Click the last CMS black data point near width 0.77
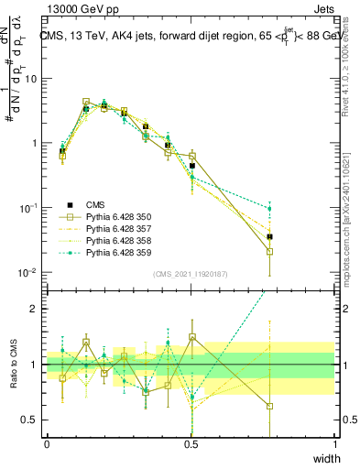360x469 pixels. pyautogui.click(x=269, y=236)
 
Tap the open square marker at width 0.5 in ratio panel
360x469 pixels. pyautogui.click(x=192, y=337)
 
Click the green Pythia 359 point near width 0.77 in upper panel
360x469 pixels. pyautogui.click(x=269, y=208)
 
